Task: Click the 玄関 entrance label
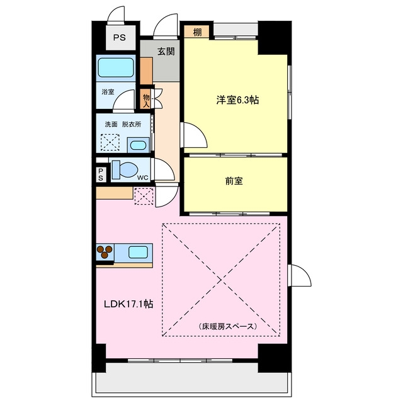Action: [166, 52]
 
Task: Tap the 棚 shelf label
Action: [197, 32]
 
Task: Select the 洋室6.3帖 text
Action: [237, 99]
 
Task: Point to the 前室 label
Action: [234, 181]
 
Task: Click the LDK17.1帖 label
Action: [128, 304]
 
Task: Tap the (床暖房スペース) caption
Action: [228, 326]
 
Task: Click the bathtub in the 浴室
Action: [116, 67]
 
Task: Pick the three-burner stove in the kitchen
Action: [105, 252]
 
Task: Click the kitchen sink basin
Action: [138, 252]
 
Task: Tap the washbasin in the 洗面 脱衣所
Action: [139, 145]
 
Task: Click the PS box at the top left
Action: [121, 38]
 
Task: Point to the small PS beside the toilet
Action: [101, 174]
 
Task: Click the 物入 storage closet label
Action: [146, 100]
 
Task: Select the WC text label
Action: [143, 178]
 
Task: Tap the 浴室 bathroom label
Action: [108, 92]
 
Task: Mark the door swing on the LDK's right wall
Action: [300, 275]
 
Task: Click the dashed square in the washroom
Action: [110, 142]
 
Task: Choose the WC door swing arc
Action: [164, 169]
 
